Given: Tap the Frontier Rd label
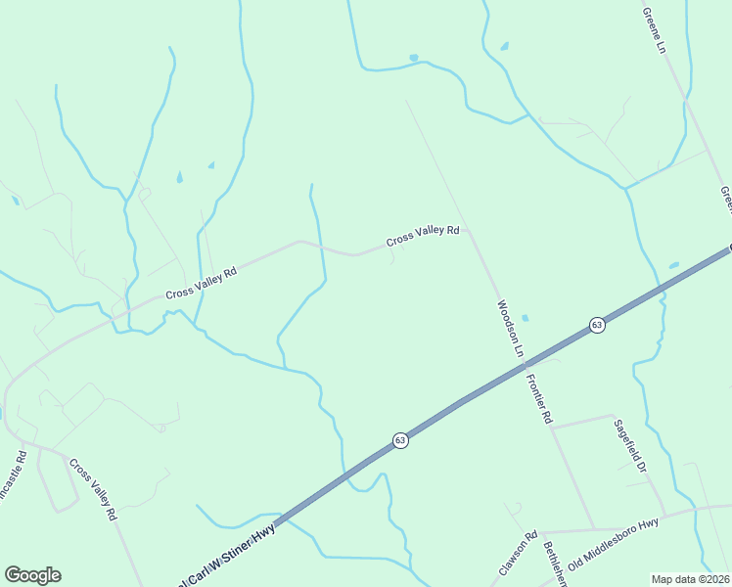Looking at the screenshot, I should coord(538,398).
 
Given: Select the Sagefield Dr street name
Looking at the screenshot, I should coord(631,447).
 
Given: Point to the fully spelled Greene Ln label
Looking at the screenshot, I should coord(653,30).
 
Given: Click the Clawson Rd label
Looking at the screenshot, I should coord(519,554).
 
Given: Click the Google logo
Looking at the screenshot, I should coord(32,575).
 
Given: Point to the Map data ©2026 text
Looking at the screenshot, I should coord(690,578).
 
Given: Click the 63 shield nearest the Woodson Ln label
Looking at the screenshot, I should coord(597,325).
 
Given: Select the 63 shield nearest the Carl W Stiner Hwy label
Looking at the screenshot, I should coord(400,441).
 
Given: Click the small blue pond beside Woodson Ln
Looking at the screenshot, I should coord(526,318).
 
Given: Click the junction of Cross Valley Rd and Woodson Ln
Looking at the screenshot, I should coord(469,231).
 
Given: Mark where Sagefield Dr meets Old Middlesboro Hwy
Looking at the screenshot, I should coord(665,515).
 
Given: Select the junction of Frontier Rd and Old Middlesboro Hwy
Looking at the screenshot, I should coord(594,528).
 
